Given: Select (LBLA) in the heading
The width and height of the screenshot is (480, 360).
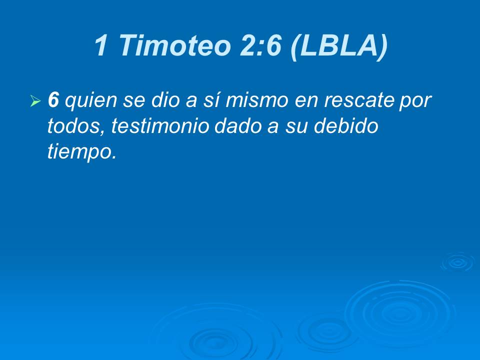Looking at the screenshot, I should point(338,45).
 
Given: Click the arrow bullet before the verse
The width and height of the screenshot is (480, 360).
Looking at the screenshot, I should point(35,101).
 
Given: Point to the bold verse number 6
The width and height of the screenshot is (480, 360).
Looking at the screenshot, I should point(53,100).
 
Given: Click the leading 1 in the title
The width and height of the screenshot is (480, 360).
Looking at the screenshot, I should point(102,45).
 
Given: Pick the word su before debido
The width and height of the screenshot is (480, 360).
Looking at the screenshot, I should point(299,127).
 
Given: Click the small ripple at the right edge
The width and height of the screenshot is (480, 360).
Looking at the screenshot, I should point(457,262).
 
